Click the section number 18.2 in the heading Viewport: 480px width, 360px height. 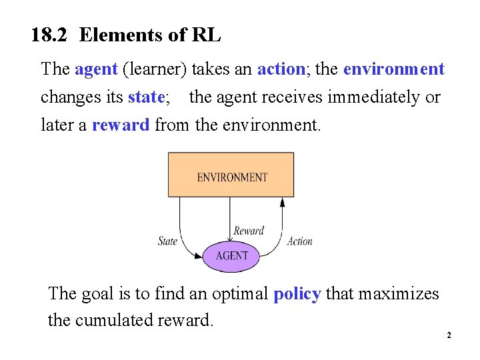50,35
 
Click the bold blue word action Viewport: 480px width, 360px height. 281,69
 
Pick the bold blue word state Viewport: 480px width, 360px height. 145,97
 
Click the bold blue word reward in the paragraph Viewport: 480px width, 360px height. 121,125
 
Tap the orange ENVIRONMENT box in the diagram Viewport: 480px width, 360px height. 231,175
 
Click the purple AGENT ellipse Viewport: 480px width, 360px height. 232,255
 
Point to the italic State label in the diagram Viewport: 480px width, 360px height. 167,241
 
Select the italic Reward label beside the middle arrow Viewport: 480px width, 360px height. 249,231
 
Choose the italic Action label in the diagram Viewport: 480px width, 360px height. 299,241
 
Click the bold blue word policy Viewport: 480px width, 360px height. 297,293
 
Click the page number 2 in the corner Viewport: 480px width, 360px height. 449,335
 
